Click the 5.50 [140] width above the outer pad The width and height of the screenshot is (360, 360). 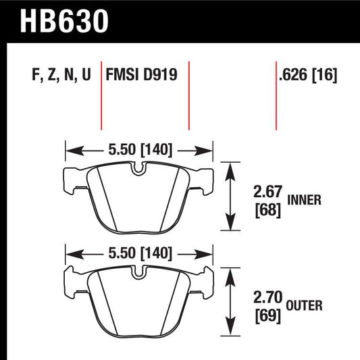[x=138, y=254]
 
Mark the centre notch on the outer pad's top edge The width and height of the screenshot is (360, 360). [x=138, y=273]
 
